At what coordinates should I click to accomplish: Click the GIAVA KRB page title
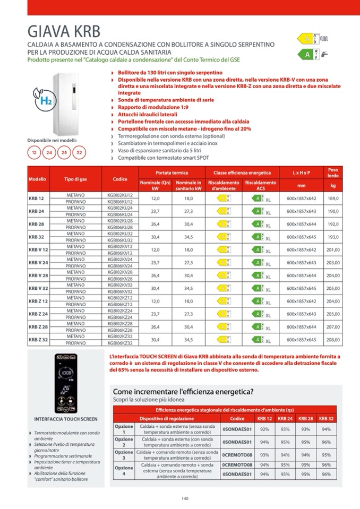click(63, 30)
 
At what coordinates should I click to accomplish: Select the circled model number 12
click(35, 152)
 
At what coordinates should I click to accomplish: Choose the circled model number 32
click(79, 152)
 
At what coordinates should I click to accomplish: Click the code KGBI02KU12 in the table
click(120, 195)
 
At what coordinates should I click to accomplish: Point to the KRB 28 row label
click(37, 224)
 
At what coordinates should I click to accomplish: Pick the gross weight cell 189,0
click(333, 199)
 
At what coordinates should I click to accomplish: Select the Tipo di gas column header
click(76, 179)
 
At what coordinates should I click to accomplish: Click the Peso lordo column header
click(333, 172)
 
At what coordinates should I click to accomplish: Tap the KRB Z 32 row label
click(38, 339)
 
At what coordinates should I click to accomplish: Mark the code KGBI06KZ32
click(120, 343)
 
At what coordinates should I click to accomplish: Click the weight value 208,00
click(333, 339)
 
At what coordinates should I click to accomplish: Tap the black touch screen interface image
click(65, 382)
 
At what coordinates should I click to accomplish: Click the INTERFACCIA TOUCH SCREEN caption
click(66, 419)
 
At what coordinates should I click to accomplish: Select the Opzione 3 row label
click(124, 455)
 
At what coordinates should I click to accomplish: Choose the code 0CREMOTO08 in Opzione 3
click(237, 455)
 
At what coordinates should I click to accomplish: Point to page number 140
click(185, 498)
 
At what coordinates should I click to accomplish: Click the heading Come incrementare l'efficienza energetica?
click(183, 392)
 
